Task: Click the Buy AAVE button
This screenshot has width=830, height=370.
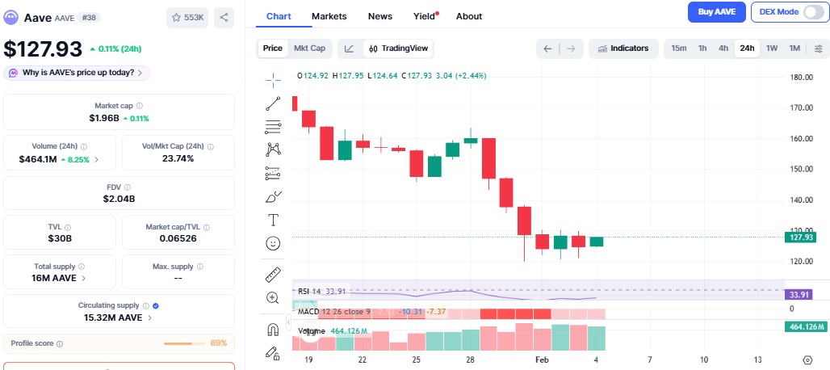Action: [x=717, y=12]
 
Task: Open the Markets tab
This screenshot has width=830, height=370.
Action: [x=329, y=16]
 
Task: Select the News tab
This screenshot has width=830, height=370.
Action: [x=380, y=16]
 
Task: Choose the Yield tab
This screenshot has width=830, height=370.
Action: [x=424, y=16]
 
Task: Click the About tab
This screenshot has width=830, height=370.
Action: [x=468, y=16]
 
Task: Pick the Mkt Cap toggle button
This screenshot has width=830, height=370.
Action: [x=309, y=48]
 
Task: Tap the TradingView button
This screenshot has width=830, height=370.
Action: [x=400, y=48]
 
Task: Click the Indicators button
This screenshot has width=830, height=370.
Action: [x=622, y=48]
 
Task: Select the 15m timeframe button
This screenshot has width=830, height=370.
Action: [x=679, y=48]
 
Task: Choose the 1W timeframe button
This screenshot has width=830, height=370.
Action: [x=772, y=48]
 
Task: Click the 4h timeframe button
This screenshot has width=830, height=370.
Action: [x=723, y=48]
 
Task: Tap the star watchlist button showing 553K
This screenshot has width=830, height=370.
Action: [x=187, y=16]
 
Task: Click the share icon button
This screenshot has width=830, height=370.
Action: [x=224, y=16]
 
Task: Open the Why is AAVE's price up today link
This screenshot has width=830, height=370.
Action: [x=78, y=73]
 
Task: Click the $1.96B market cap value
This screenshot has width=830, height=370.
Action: [x=105, y=119]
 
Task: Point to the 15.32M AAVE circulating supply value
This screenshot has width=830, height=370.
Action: [x=113, y=317]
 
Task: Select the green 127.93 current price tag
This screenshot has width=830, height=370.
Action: [x=800, y=237]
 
